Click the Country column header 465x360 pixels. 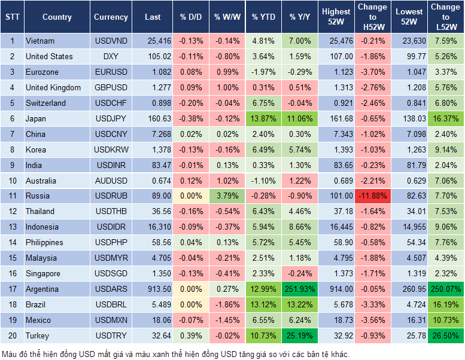pos(57,17)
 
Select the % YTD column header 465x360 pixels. pos(263,17)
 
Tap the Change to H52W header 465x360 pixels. pos(372,17)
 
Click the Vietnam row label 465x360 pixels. pos(40,41)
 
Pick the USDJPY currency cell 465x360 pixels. pos(111,118)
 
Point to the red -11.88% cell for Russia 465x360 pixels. pos(372,196)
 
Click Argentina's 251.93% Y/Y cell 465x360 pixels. pos(301,289)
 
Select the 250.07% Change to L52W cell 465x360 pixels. pos(445,289)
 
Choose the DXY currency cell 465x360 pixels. pos(111,57)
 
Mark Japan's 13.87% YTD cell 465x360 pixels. pos(263,118)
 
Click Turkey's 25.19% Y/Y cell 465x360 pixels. pos(301,336)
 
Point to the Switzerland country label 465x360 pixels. pos(45,103)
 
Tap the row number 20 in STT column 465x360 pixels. pos(12,336)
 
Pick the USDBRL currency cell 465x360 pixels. pos(111,305)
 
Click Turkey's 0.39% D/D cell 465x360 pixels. pos(191,336)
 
